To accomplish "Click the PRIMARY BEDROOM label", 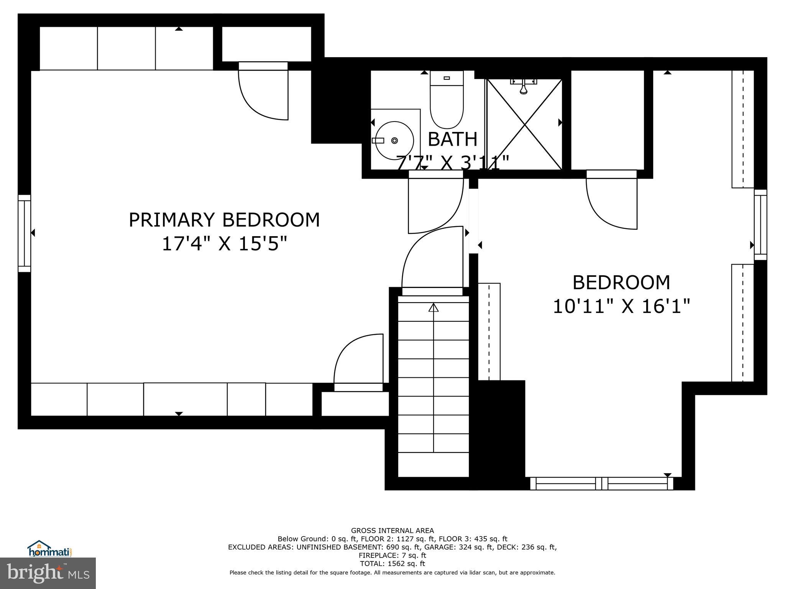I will (x=224, y=220).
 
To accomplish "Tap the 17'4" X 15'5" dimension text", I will (x=224, y=243).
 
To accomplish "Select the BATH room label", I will (x=452, y=139).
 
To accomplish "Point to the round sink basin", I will (x=394, y=140).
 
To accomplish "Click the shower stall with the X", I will (x=524, y=125).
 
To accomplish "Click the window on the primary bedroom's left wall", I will (x=25, y=233).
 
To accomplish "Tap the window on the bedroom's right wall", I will (x=760, y=225).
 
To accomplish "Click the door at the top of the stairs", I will (x=431, y=261).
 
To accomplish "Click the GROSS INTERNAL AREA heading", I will (x=392, y=531).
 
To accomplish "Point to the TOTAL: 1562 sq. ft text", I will (x=392, y=564).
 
